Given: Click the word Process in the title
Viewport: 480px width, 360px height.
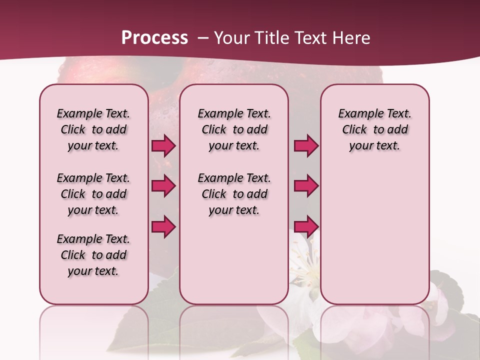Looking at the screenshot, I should pos(154,38).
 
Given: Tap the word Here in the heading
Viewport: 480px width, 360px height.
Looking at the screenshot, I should pos(352,38).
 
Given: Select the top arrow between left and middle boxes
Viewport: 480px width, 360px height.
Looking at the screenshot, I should pos(163,146).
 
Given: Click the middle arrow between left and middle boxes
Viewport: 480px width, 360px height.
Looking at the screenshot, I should pos(163,186).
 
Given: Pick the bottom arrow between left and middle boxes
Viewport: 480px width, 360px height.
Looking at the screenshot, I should pos(163,226).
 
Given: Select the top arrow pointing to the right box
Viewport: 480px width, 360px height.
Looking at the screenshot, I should pos(306,146).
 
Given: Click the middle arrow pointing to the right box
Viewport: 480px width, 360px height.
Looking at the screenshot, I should pos(306,186).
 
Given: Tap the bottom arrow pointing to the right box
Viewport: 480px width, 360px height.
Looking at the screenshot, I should pos(306,226).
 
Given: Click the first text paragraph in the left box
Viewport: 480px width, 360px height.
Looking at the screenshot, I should pos(93,129).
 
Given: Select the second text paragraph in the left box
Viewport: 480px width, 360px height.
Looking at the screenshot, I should pos(93,194).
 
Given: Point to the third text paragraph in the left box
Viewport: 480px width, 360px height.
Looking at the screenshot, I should pos(93,255).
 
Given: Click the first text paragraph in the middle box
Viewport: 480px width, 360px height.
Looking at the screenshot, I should pos(234,129).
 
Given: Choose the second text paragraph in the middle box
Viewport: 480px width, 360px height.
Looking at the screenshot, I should pos(234,194).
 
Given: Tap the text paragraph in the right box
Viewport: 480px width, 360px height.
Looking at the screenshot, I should pos(374,129).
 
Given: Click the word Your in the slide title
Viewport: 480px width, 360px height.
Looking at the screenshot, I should pos(232,38).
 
